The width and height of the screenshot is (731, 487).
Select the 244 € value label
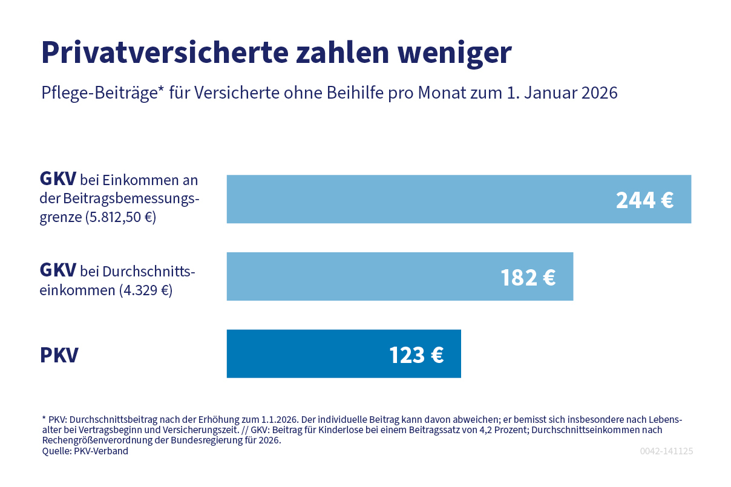[644, 200]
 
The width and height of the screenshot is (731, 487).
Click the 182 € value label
[528, 277]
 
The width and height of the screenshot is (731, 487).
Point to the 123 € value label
[416, 355]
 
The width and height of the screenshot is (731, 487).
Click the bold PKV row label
[59, 355]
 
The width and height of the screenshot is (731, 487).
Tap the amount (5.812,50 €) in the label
[120, 217]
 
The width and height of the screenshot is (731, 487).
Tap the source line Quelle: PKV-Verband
[85, 451]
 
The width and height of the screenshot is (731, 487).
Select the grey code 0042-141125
[666, 451]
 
